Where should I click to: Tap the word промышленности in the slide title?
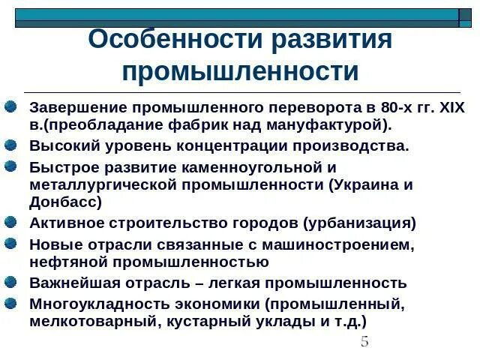click(x=240, y=72)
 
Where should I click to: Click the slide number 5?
click(x=364, y=342)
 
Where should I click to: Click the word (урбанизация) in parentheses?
click(x=359, y=223)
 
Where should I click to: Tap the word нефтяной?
click(x=64, y=262)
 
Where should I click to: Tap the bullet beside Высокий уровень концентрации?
click(x=10, y=145)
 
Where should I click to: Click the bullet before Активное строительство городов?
click(x=10, y=222)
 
